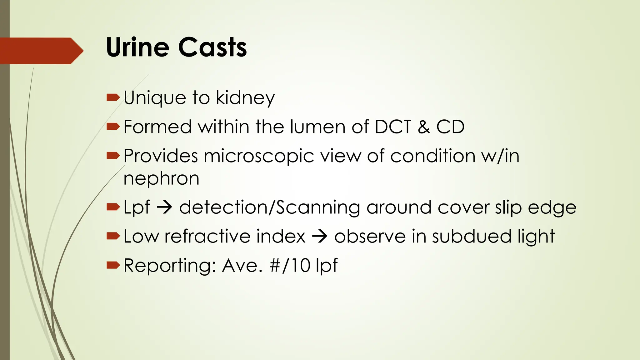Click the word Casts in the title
coord(212,47)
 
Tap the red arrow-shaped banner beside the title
coord(41,51)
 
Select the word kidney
coord(245,98)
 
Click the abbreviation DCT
coord(393,127)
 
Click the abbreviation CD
coord(450,127)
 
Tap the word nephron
coord(161,179)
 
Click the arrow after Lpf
coord(164,207)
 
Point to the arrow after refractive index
coord(320,236)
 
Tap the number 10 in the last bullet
coord(301,265)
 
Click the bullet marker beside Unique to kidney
coord(113,98)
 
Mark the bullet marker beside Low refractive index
coord(113,236)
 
